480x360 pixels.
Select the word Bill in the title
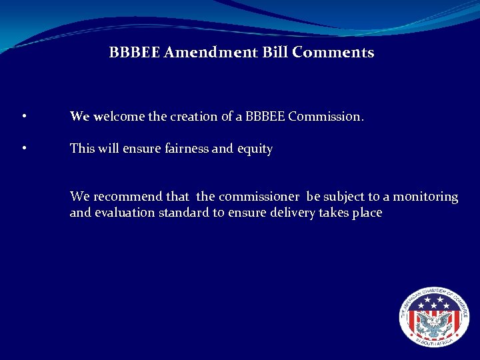[x=274, y=52]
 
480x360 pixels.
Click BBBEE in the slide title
[x=134, y=52]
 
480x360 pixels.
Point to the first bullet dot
[x=24, y=117]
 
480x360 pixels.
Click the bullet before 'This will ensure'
[x=24, y=149]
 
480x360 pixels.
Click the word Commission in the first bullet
[x=325, y=116]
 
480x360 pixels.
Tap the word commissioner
[x=259, y=197]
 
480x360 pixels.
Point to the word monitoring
[x=426, y=197]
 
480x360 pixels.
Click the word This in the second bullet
[x=82, y=149]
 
